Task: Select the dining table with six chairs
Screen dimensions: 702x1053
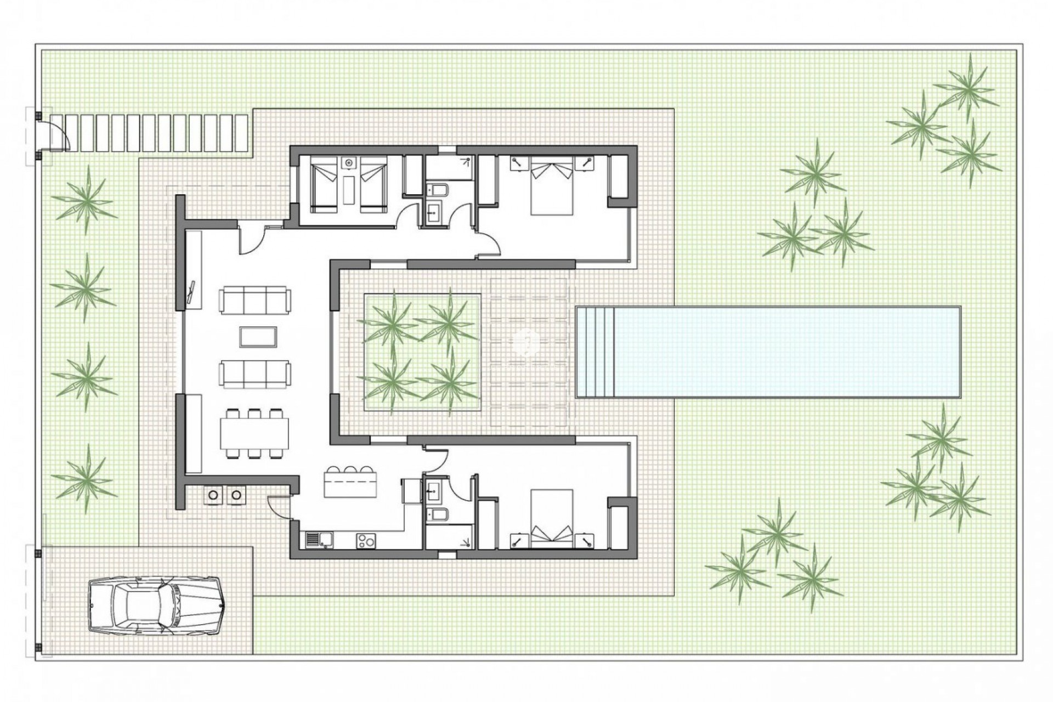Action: (254, 434)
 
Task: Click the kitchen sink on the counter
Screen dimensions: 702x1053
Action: (318, 540)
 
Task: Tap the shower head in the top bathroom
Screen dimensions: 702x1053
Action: (467, 161)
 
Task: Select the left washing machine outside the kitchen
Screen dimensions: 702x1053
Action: (213, 495)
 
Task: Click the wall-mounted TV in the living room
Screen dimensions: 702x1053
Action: (191, 291)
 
